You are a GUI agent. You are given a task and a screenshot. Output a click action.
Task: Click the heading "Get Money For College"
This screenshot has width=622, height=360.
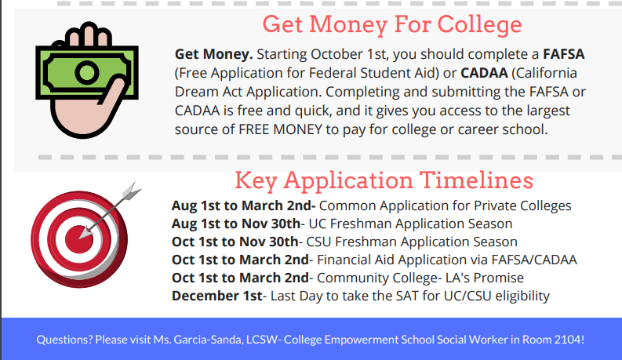(392, 25)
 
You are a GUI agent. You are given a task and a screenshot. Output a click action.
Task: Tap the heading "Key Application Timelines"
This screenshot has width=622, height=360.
(384, 181)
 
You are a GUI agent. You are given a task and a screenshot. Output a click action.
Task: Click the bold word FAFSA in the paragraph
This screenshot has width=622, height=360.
(564, 54)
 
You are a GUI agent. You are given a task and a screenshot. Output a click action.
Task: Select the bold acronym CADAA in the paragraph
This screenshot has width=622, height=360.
(484, 73)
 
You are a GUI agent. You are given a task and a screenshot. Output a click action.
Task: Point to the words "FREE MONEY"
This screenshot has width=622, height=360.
(280, 129)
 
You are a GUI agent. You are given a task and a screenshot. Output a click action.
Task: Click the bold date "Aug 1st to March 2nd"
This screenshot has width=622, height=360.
(244, 205)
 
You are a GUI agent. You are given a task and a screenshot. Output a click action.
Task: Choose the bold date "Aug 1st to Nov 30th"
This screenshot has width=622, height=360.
(236, 224)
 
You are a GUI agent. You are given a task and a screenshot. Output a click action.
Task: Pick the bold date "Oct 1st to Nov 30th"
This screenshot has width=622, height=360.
(235, 242)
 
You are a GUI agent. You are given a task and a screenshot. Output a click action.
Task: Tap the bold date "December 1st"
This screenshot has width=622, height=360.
(217, 296)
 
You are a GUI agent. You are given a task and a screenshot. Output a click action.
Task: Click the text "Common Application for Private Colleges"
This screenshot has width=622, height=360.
(445, 206)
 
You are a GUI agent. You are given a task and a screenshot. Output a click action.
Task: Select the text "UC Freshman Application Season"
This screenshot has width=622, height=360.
(410, 224)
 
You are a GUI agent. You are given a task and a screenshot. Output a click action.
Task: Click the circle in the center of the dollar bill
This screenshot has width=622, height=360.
(87, 73)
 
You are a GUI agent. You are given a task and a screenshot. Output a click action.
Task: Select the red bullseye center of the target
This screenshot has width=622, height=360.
(79, 239)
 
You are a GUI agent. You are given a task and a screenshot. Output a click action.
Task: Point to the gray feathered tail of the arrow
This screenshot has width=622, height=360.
(130, 191)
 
